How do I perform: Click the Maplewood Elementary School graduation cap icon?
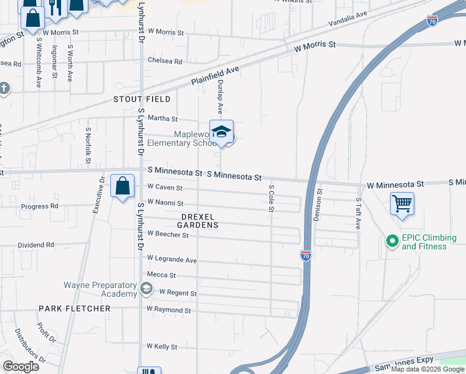[x=221, y=132]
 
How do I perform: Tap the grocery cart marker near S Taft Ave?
[x=402, y=203]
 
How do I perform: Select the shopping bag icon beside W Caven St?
[x=123, y=186]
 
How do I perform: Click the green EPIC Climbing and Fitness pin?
[x=392, y=240]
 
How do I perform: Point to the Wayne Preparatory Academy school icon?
[x=146, y=288]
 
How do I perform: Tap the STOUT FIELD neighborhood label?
[x=142, y=99]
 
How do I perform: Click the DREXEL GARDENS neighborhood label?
[x=197, y=220]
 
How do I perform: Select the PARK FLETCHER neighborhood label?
[x=74, y=309]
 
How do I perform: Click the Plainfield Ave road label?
[x=216, y=77]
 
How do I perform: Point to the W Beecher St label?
[x=168, y=235]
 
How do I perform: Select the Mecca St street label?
[x=161, y=275]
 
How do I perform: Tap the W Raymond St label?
[x=169, y=310]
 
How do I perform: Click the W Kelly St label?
[x=162, y=347]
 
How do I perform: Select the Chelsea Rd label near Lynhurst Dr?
[x=165, y=61]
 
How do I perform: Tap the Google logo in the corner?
[x=21, y=366]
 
